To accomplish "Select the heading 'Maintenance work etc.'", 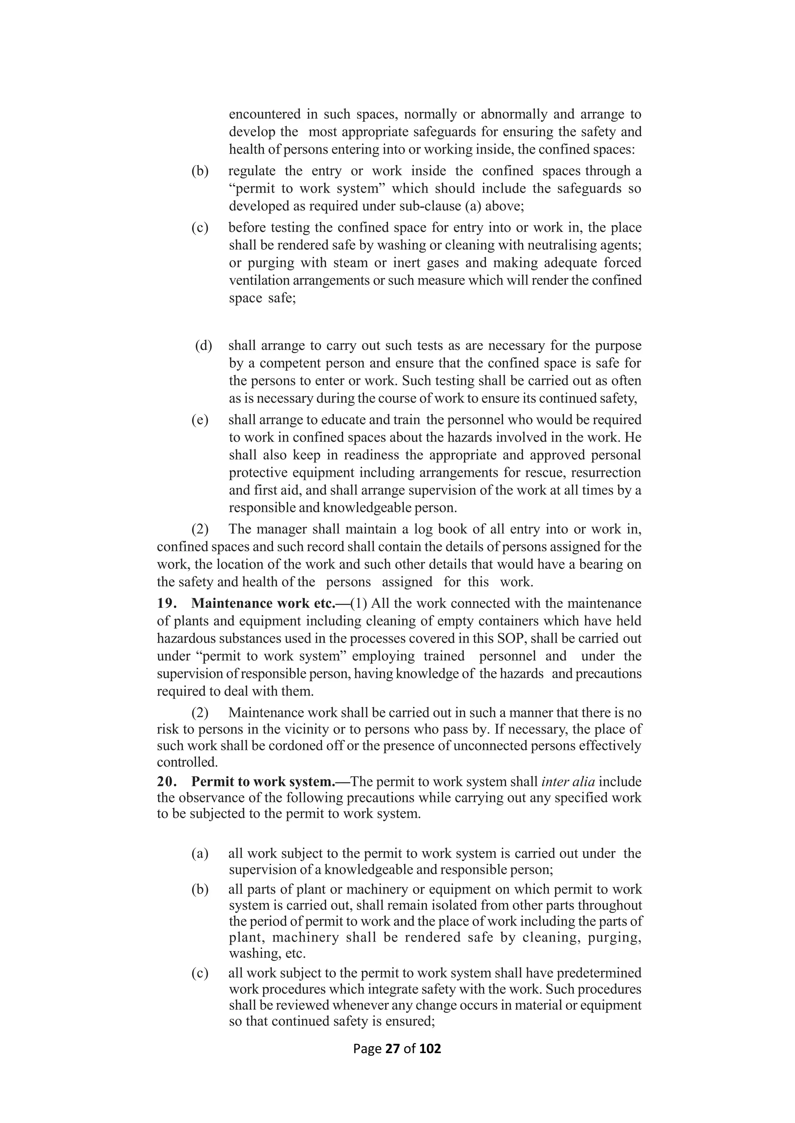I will tap(263, 603).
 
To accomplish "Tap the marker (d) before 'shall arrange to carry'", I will tap(204, 346).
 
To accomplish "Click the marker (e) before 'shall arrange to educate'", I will tap(200, 420).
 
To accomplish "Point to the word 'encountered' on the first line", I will tap(264, 114).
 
